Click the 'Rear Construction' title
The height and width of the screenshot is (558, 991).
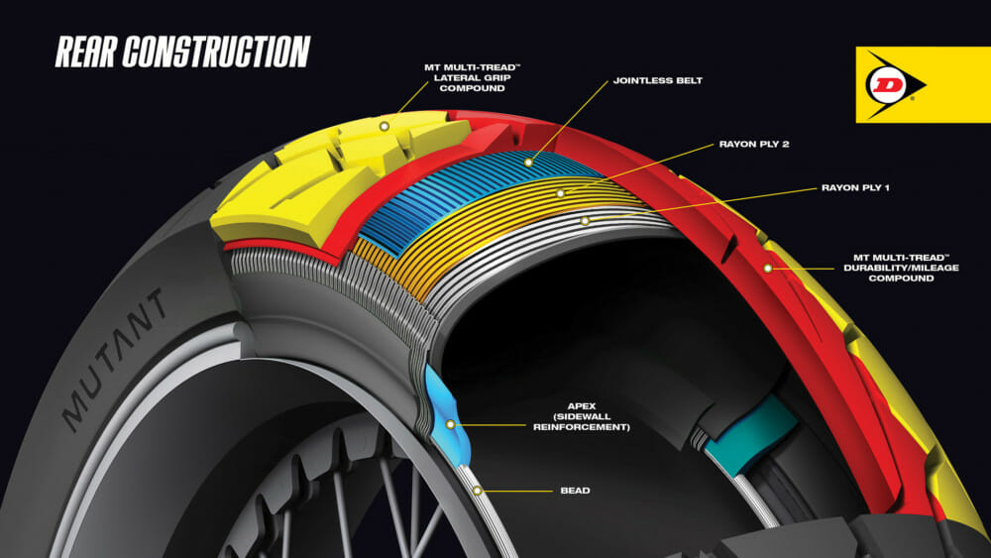(x=182, y=51)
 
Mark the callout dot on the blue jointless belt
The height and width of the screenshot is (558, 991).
(x=528, y=161)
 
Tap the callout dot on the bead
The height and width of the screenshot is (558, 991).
(x=478, y=490)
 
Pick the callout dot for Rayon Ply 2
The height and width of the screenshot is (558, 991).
(x=561, y=192)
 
